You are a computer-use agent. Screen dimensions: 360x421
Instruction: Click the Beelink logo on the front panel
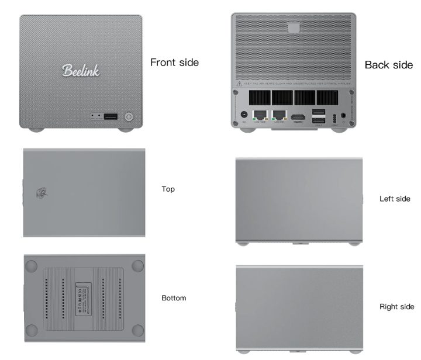click(x=81, y=70)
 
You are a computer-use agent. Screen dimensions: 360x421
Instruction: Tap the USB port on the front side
click(x=111, y=116)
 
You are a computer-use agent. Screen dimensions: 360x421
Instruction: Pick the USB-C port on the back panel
click(x=334, y=116)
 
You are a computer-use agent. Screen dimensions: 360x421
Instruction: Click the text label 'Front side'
click(x=174, y=62)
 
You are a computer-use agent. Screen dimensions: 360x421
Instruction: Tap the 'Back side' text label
click(x=388, y=65)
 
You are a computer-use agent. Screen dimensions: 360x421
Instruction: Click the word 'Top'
click(x=168, y=189)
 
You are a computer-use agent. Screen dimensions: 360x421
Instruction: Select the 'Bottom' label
click(x=174, y=298)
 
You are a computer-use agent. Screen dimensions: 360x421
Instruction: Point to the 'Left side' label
click(x=395, y=199)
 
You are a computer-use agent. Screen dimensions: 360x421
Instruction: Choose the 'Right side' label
click(x=396, y=306)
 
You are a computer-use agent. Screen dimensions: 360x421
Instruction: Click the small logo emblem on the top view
click(x=42, y=192)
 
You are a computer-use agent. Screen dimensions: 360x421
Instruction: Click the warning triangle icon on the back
click(x=239, y=84)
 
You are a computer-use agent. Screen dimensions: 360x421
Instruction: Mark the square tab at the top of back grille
click(x=294, y=27)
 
